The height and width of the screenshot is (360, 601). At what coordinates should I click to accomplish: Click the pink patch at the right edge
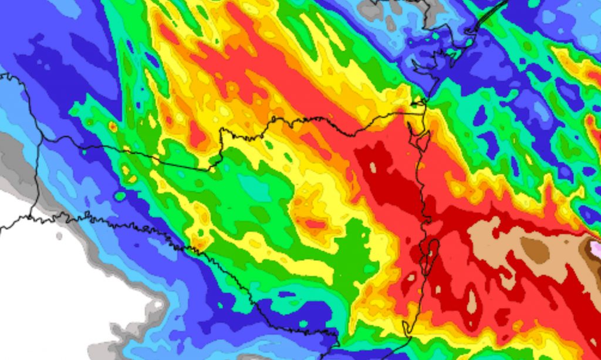(x=596, y=249)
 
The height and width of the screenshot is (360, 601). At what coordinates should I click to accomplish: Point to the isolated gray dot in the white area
(x=59, y=236)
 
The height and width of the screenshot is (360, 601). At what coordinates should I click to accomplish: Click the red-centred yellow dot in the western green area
(x=113, y=126)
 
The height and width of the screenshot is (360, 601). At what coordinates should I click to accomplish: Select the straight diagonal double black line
(x=491, y=15)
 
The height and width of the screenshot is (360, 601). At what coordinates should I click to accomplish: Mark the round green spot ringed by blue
(x=120, y=196)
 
